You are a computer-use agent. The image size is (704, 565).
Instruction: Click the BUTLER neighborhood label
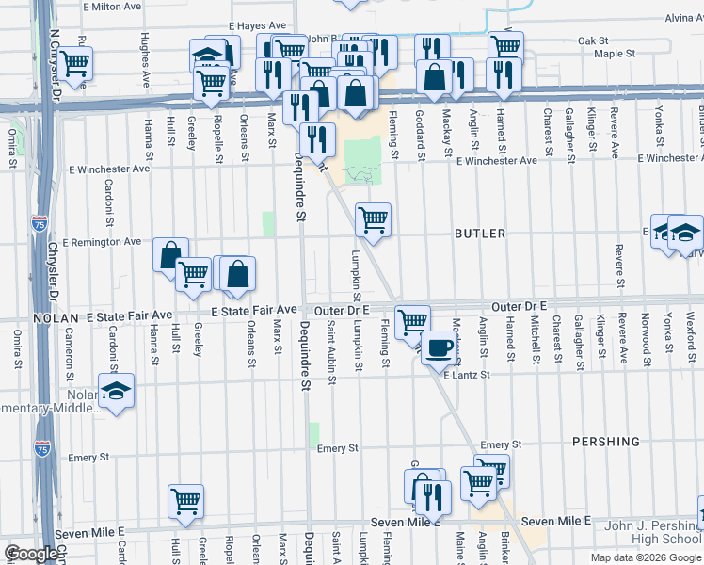tap(480, 233)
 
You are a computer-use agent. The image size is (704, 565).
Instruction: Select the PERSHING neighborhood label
tap(605, 442)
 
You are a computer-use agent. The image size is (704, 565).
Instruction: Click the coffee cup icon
tap(438, 347)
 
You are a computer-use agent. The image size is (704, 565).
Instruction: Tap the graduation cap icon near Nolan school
tap(116, 391)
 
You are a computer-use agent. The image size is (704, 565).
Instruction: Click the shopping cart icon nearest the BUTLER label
tap(374, 220)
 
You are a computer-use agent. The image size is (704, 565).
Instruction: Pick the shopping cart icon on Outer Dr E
tap(412, 322)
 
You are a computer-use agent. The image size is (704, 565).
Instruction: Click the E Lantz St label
tap(468, 376)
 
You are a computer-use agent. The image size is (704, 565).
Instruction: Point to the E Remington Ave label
tap(104, 242)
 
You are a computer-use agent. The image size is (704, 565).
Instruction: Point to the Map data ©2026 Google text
tap(645, 557)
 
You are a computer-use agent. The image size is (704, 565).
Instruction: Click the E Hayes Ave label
tap(257, 26)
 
